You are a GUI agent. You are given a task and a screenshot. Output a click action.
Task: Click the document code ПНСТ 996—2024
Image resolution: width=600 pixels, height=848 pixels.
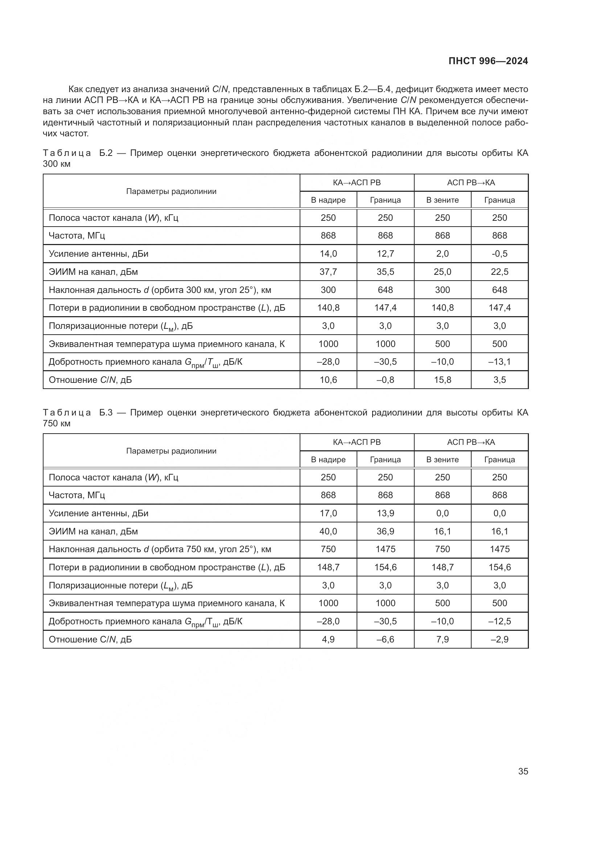click(488, 61)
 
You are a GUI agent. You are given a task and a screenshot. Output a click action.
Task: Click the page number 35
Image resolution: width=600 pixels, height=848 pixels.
click(523, 771)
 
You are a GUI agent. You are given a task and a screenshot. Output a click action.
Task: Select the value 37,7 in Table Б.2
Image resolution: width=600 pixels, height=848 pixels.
click(328, 272)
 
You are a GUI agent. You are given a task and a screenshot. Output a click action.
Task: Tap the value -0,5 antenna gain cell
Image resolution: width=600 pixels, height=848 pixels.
click(500, 254)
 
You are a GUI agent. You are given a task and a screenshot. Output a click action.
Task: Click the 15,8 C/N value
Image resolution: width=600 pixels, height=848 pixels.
click(442, 380)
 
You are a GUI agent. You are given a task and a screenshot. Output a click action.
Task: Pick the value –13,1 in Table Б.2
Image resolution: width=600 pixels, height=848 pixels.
click(500, 361)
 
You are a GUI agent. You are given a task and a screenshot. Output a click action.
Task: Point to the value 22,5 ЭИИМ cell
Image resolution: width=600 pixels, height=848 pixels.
click(500, 272)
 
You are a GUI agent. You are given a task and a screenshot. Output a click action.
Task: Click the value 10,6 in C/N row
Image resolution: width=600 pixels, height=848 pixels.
click(328, 380)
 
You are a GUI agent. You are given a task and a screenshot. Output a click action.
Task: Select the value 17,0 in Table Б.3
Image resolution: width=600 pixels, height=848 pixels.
click(328, 513)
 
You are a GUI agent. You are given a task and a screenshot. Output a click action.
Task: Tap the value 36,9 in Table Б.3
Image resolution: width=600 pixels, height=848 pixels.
click(385, 531)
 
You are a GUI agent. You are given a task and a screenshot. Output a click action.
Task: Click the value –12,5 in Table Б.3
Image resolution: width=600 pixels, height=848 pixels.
click(500, 621)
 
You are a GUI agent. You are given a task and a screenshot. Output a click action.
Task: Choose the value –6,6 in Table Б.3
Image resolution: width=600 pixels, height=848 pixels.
click(385, 639)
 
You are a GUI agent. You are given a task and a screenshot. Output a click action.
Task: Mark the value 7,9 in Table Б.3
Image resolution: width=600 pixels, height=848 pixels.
click(442, 639)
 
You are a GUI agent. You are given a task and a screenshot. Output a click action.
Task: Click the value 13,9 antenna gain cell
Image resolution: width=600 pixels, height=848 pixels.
click(385, 513)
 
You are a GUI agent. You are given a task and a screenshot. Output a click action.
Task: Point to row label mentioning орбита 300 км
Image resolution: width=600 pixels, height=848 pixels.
click(160, 290)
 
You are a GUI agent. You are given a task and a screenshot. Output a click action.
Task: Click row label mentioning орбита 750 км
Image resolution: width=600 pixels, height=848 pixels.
click(160, 549)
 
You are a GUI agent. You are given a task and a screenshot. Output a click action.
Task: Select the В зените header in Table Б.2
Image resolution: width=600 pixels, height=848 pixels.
click(442, 200)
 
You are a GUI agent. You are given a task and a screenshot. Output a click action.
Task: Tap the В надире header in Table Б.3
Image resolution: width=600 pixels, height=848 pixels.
click(328, 460)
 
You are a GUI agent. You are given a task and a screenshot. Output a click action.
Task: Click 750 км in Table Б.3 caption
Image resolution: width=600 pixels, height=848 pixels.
click(57, 423)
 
